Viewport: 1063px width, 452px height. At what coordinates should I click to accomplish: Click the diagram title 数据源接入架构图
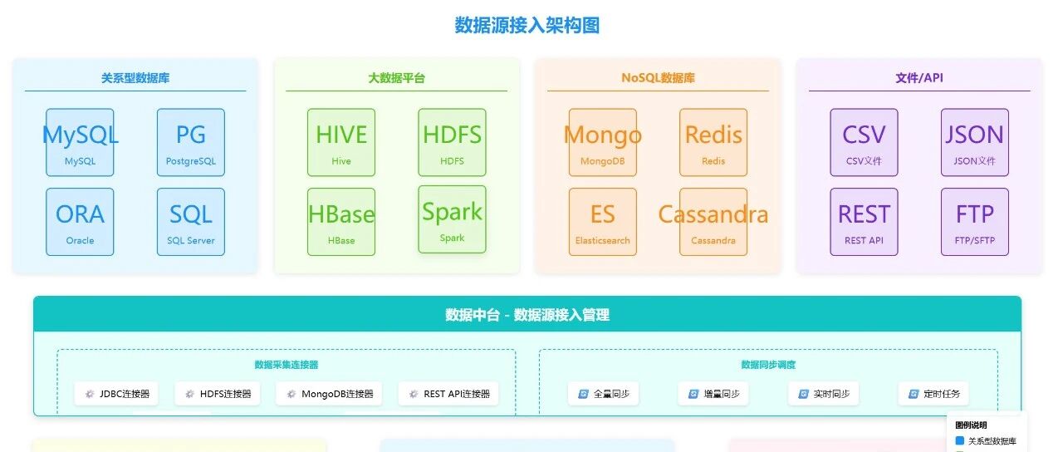(x=527, y=26)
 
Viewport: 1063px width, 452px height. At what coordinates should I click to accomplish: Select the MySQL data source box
(x=80, y=142)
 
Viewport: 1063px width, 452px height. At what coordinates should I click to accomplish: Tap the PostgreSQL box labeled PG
(x=190, y=142)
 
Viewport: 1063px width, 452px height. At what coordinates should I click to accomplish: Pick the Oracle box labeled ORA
(x=80, y=222)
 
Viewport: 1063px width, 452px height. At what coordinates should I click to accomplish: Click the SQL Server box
(x=190, y=222)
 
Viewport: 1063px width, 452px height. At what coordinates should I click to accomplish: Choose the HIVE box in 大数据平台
(x=341, y=142)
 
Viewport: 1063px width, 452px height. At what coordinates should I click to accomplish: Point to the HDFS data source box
(x=452, y=142)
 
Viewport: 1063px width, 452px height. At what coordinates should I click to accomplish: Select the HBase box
(x=341, y=222)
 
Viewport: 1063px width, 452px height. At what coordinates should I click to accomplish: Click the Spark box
(x=452, y=219)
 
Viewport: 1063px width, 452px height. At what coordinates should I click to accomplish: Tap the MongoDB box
(x=603, y=142)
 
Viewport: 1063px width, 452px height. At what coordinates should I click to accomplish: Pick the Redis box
(x=713, y=142)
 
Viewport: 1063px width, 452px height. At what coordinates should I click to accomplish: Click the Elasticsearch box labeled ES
(x=603, y=222)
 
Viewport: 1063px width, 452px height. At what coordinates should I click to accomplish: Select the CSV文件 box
(x=864, y=142)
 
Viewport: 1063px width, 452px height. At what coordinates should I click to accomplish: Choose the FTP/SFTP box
(x=974, y=222)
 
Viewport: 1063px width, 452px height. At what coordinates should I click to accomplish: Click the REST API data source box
(x=864, y=222)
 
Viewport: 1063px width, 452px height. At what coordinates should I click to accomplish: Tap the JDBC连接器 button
(x=116, y=394)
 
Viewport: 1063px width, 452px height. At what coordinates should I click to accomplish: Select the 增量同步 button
(x=713, y=394)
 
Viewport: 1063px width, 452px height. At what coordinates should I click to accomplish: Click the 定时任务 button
(x=933, y=394)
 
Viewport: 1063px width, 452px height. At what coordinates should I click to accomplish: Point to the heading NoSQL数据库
(x=658, y=78)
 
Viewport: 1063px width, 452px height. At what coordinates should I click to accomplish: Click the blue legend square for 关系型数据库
(x=960, y=441)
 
